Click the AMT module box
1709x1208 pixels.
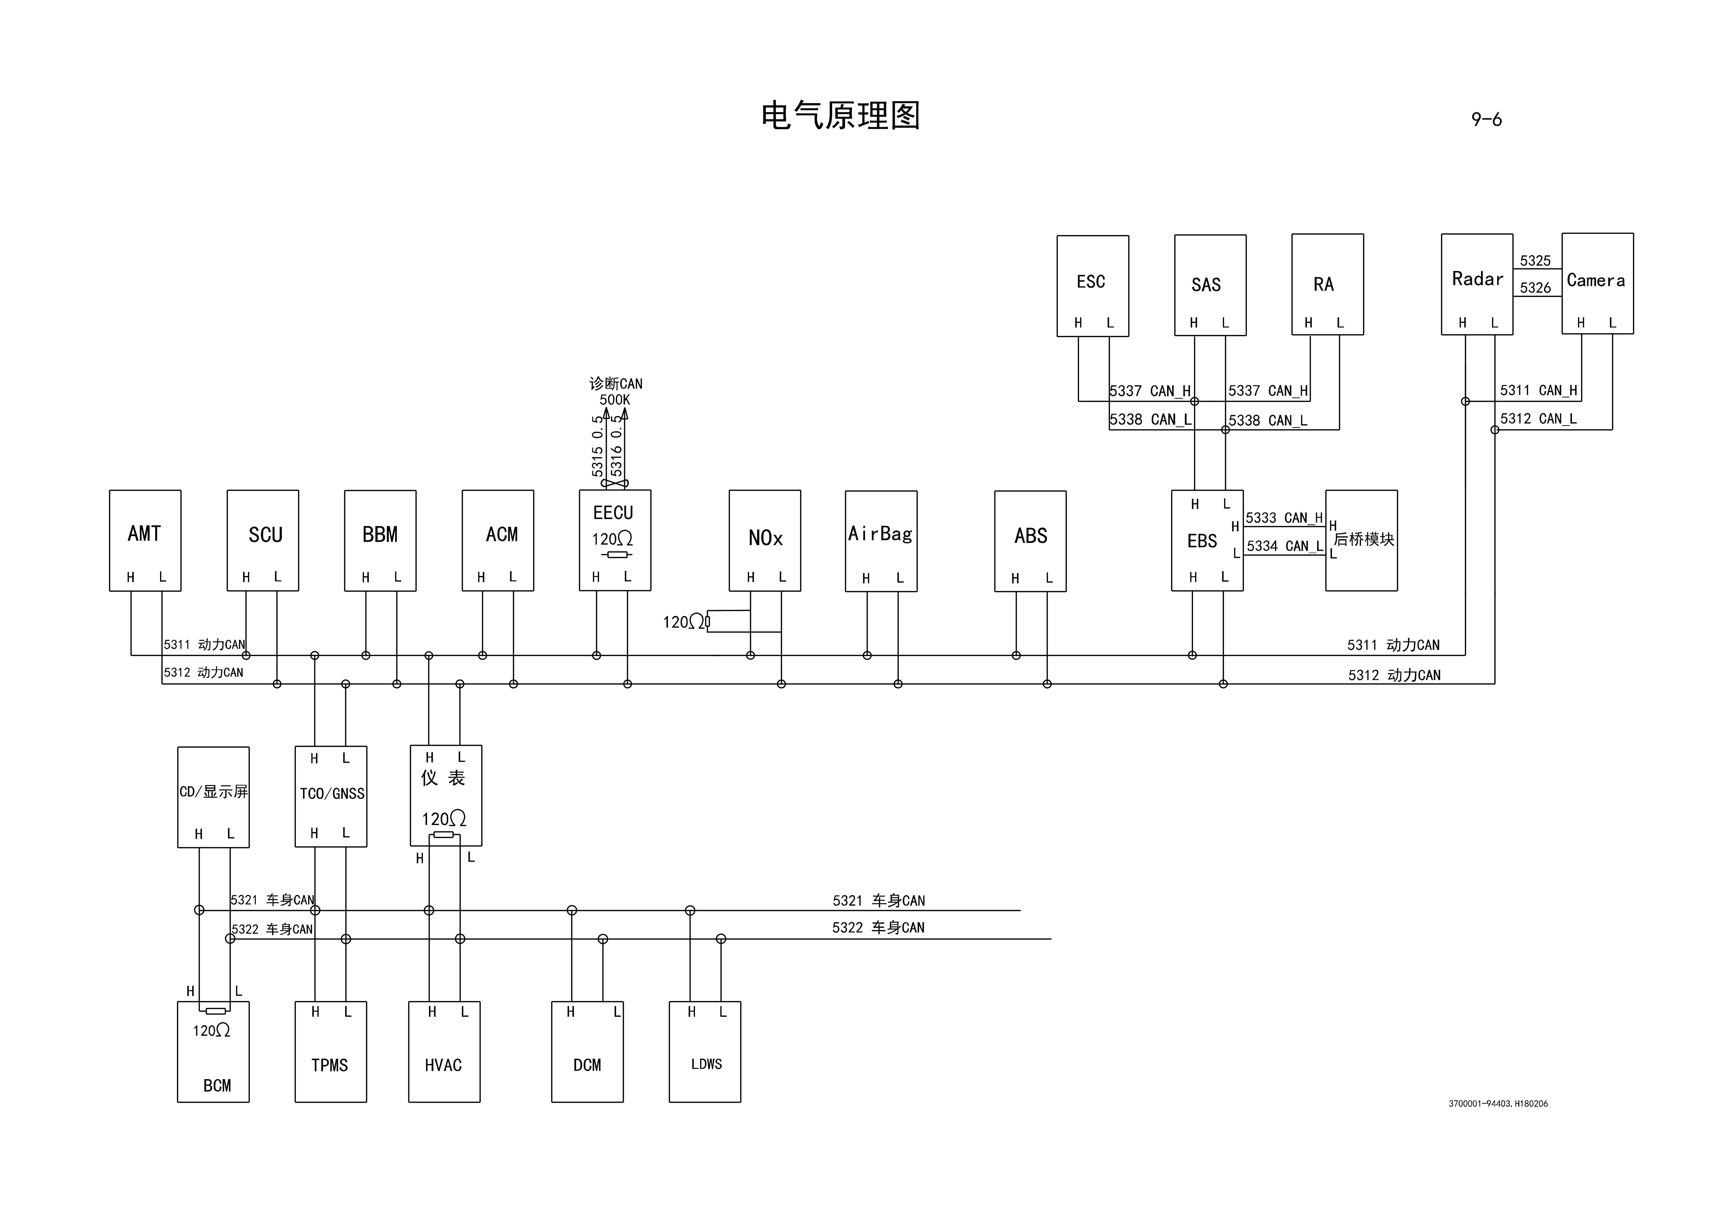click(145, 540)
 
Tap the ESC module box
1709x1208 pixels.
click(1093, 286)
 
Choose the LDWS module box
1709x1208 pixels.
click(705, 1052)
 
